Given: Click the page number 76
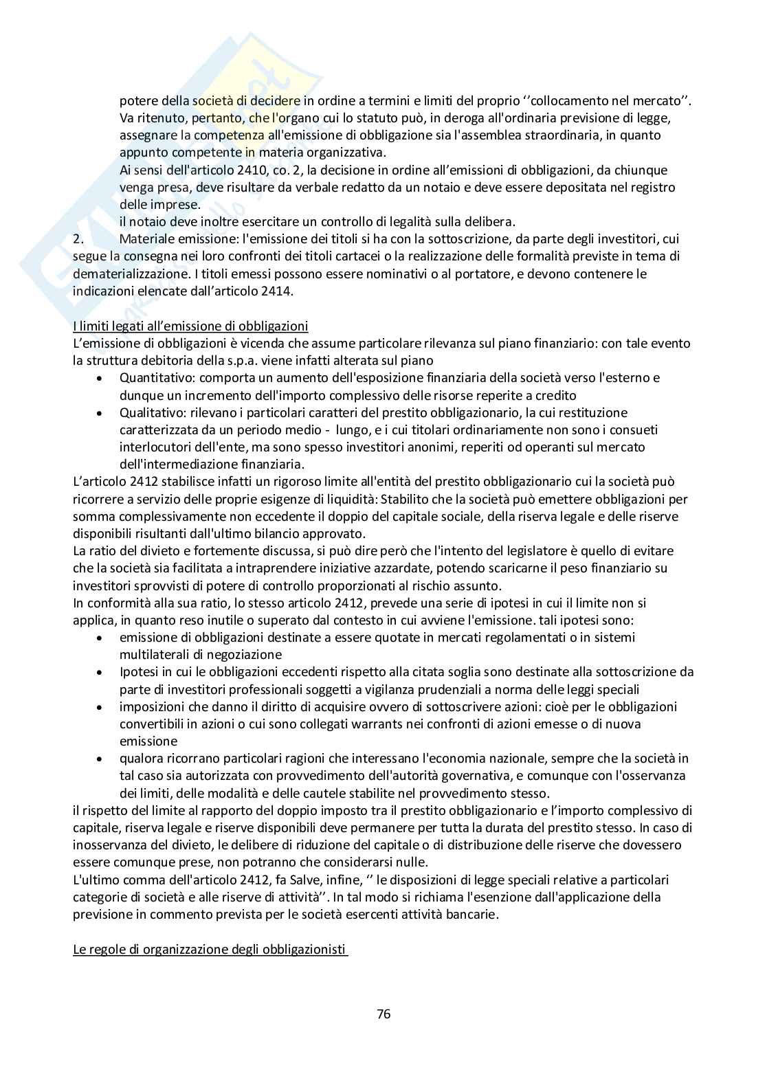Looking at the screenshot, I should click(383, 1014).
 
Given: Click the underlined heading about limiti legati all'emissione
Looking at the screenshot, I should click(190, 326).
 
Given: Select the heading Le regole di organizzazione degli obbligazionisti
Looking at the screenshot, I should click(210, 950).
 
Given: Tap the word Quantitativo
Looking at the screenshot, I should click(154, 378).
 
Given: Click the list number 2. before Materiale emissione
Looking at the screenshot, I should click(78, 239).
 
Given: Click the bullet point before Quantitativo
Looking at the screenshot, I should click(101, 378).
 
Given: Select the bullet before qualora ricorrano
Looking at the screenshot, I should click(101, 759).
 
